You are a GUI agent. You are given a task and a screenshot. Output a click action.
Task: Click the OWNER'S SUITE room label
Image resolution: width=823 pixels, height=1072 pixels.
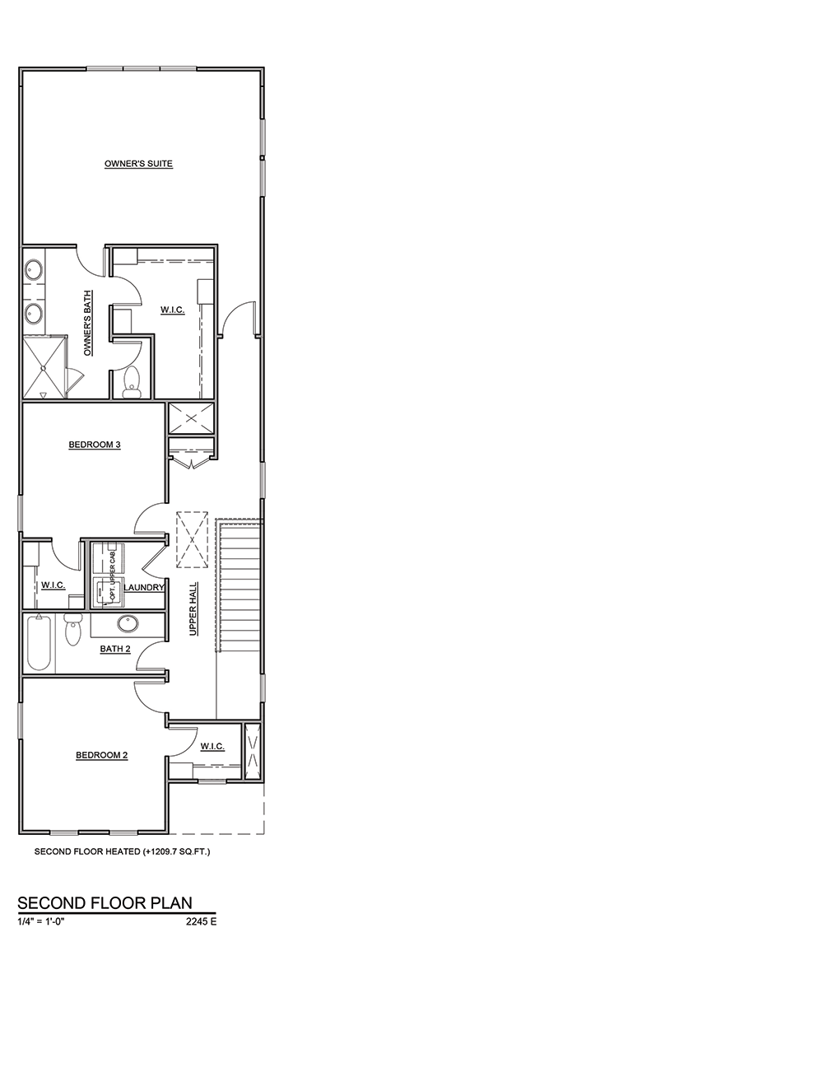pos(138,164)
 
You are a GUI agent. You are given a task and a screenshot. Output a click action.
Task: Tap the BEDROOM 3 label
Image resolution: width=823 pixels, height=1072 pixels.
pos(95,445)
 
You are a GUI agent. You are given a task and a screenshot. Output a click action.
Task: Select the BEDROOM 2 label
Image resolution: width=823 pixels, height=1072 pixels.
pos(101,755)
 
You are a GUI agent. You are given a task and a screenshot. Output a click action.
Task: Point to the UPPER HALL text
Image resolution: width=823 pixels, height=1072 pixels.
pos(193,608)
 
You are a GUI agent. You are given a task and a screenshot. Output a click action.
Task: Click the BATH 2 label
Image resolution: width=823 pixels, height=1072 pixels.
pos(115,649)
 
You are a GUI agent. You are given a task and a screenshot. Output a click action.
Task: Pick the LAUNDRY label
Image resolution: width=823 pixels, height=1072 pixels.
pos(143,588)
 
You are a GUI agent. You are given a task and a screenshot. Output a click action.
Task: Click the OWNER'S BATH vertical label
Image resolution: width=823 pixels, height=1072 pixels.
pos(88,323)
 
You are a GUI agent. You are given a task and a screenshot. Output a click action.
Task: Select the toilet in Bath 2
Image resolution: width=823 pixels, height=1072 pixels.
pos(72,630)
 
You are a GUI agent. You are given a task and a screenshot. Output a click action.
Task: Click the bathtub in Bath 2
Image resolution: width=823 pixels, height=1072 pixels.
pos(39,642)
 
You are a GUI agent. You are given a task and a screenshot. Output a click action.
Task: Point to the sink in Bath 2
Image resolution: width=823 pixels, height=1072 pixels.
pos(128,623)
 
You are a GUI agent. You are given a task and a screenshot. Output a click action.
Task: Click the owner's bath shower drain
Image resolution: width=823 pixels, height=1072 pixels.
pos(44,367)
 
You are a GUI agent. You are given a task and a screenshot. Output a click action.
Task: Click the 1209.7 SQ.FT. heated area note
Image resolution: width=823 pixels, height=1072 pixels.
pos(176,851)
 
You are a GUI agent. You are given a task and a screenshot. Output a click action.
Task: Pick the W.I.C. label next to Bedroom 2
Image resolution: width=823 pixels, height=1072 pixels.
pos(212,747)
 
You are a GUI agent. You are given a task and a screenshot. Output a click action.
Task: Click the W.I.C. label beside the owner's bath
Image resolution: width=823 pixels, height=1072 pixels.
pos(173,310)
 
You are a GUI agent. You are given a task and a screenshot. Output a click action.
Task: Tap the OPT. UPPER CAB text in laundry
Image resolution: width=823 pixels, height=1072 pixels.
pos(113,580)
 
